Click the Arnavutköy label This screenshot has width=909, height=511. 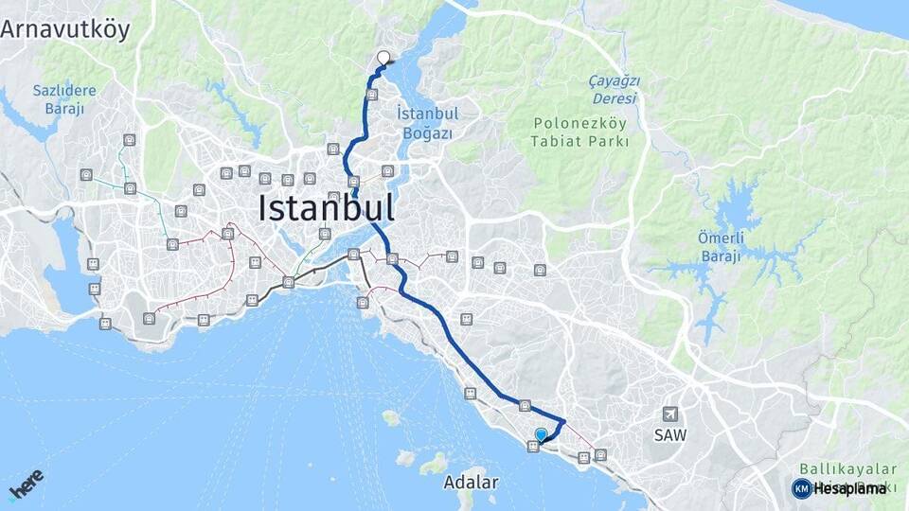[64, 28]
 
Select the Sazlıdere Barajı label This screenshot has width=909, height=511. [65, 98]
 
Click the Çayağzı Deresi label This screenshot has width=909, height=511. [615, 89]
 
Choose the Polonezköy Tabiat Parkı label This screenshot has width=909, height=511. [581, 132]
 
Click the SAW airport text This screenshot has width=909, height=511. [669, 434]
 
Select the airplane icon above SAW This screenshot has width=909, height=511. [670, 414]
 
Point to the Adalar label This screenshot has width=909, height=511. [471, 483]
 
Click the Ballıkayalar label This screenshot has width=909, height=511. [847, 468]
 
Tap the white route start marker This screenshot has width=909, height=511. [384, 58]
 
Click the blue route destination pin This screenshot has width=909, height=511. [541, 434]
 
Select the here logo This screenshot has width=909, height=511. [27, 484]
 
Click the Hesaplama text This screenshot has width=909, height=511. [849, 488]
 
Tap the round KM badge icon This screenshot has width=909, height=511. [801, 488]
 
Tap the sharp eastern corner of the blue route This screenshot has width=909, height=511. [564, 420]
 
